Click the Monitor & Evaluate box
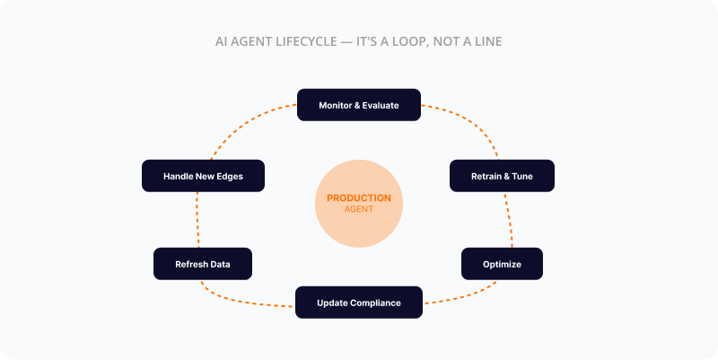coord(358,105)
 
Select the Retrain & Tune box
coord(502,176)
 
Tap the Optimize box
coord(502,264)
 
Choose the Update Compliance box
coord(358,303)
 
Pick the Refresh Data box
coord(202,264)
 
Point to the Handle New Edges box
coord(203,176)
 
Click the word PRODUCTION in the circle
coord(358,198)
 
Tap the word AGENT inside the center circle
coord(358,209)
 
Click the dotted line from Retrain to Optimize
coord(508,220)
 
